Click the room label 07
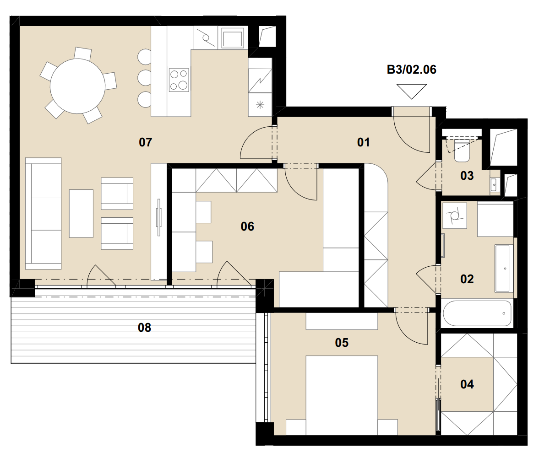(146, 142)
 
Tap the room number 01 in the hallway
(363, 142)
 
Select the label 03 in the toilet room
(467, 176)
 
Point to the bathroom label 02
(467, 279)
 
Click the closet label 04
(467, 384)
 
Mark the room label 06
(247, 226)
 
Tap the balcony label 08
(144, 327)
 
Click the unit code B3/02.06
(412, 70)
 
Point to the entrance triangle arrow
(412, 92)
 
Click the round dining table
(78, 86)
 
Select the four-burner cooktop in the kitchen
(179, 80)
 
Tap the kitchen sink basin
(233, 38)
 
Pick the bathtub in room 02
(477, 313)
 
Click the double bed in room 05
(342, 395)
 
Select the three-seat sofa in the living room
(44, 214)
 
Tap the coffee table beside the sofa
(81, 214)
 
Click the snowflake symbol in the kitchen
(260, 105)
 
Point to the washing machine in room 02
(454, 216)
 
